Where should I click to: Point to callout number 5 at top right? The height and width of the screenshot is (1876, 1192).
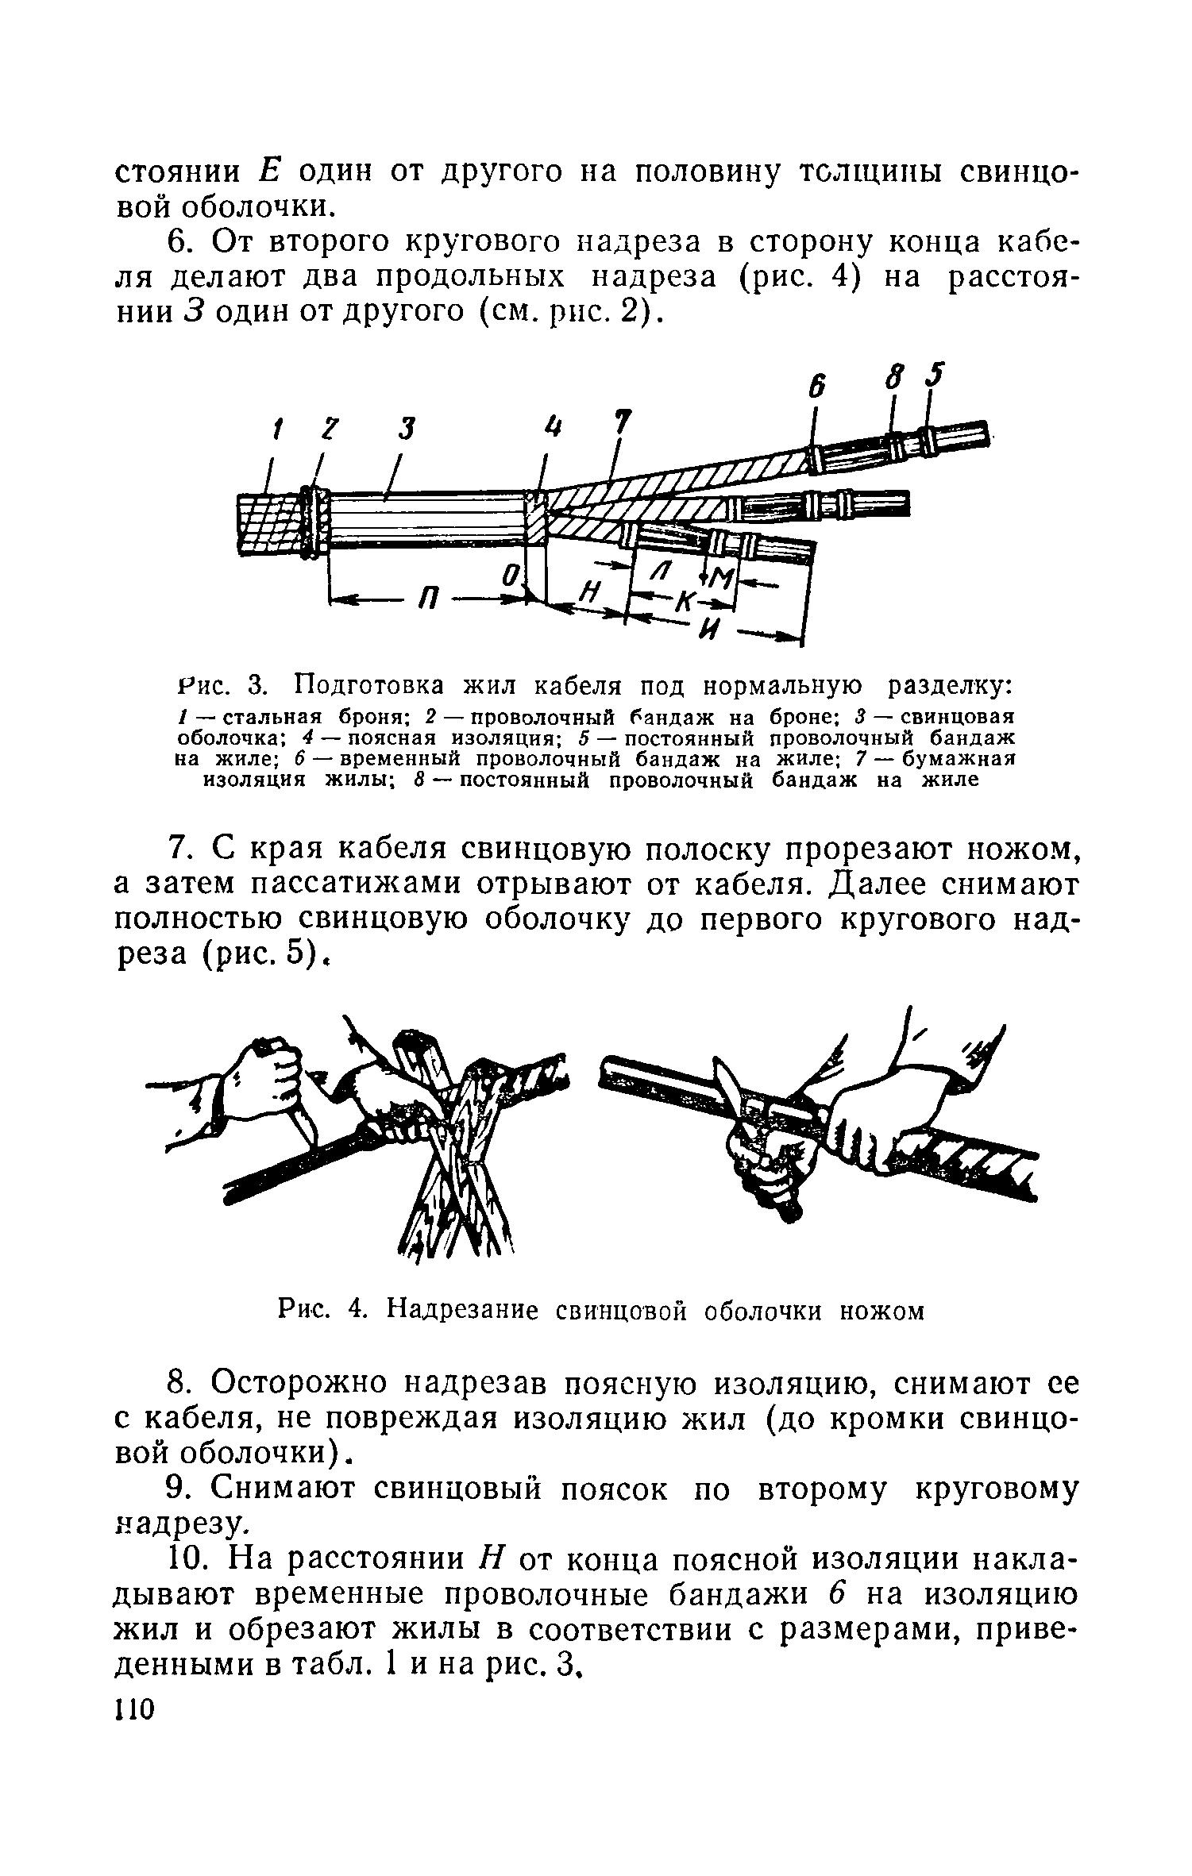coord(937,375)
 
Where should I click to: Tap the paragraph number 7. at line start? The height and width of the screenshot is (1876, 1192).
coord(181,849)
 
